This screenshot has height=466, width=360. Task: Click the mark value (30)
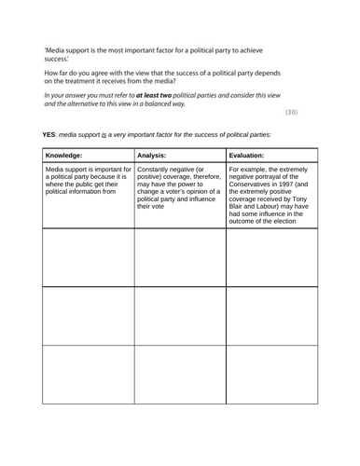tap(291, 113)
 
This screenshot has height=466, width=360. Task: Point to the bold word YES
tap(50, 135)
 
